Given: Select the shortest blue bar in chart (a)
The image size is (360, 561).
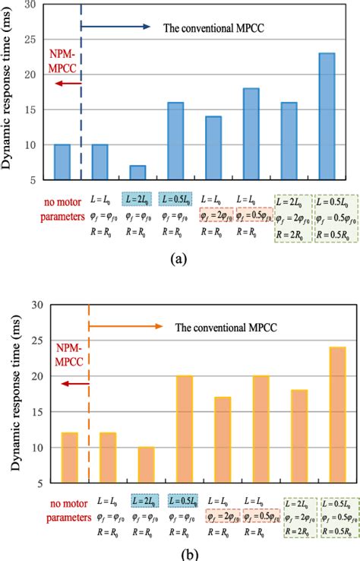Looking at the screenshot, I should tap(137, 173).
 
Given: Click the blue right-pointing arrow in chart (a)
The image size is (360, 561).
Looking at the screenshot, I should tap(114, 27).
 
